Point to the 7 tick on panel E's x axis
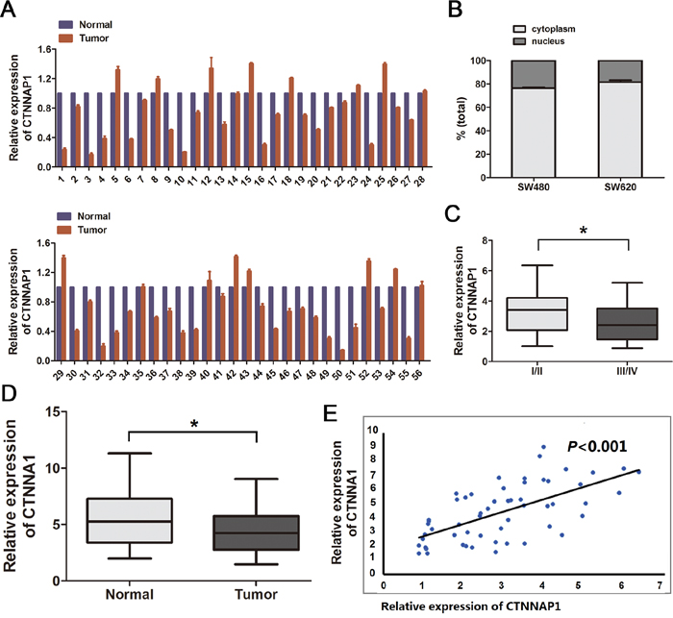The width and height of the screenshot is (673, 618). pyautogui.click(x=659, y=583)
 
